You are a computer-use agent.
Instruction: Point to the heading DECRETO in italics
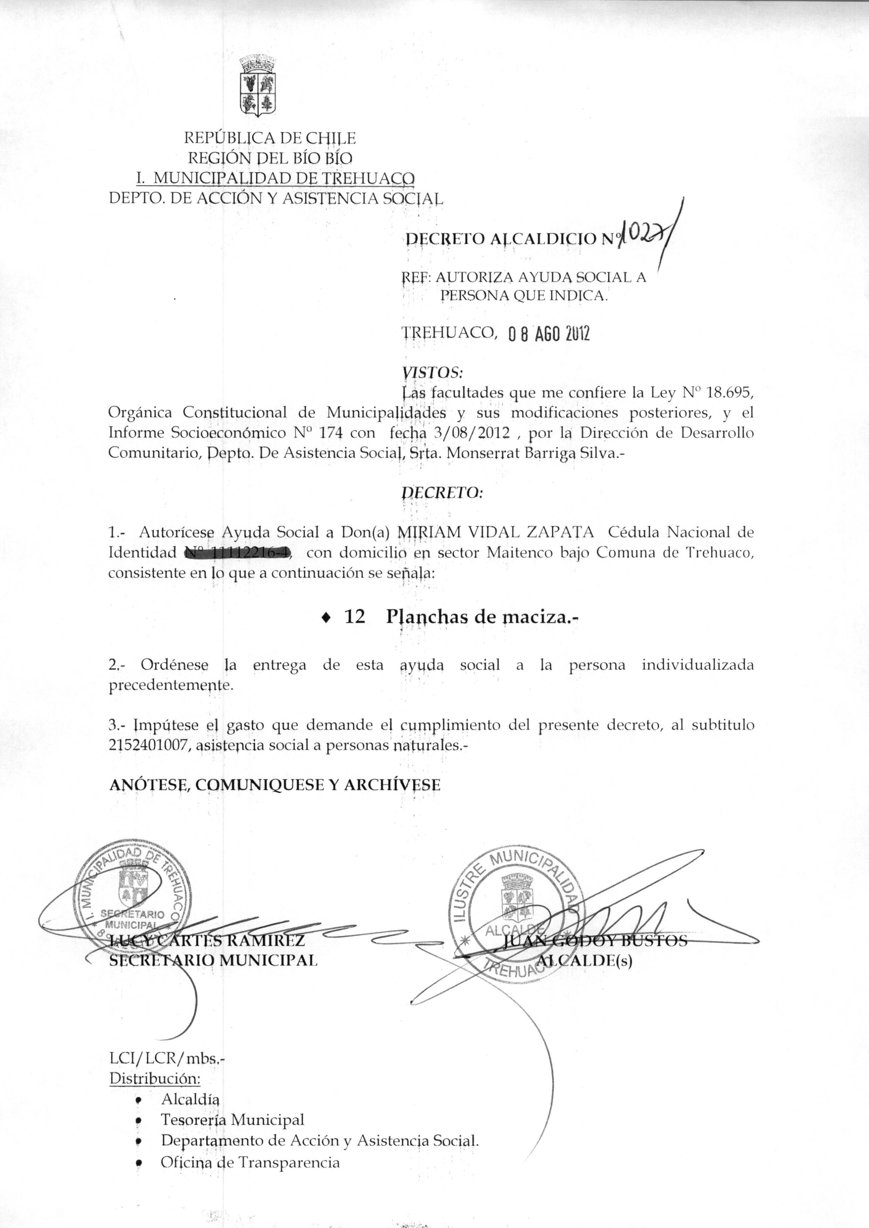click(x=442, y=492)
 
